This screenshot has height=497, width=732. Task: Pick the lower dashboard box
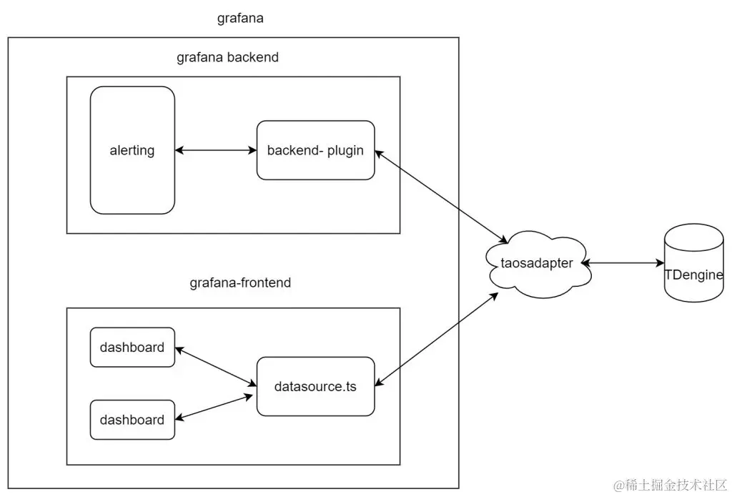coord(132,429)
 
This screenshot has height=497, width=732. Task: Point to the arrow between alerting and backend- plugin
coord(216,150)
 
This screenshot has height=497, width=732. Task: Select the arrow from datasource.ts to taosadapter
coord(436,340)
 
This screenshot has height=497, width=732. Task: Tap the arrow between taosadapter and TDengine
coord(622,263)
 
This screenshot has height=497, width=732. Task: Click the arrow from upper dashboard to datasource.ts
coord(216,367)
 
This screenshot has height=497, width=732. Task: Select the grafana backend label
coord(227,58)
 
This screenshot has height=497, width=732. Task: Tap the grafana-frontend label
coord(240,282)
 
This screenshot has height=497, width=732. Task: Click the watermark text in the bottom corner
coord(665,483)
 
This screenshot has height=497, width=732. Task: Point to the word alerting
coord(132,150)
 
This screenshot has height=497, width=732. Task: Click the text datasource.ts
coord(315,387)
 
